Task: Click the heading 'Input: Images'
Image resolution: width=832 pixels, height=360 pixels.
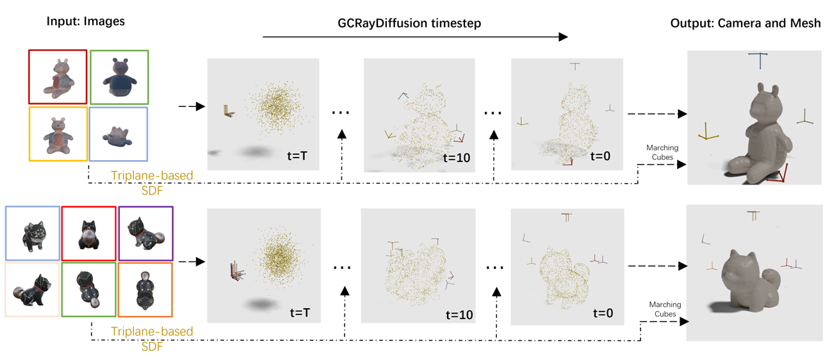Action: [85, 21]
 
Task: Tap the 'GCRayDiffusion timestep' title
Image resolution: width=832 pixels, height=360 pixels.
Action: [409, 23]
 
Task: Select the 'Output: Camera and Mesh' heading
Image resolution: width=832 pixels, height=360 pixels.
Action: [746, 23]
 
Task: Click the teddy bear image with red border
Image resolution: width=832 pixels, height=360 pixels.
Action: [58, 76]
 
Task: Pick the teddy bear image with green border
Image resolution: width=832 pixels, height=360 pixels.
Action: [119, 76]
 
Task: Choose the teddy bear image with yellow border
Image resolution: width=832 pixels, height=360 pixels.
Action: [58, 134]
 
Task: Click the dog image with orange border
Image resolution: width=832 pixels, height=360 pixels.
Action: [145, 290]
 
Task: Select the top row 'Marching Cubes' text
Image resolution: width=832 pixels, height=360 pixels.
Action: [662, 152]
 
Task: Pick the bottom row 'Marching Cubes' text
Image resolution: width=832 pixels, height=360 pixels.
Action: [665, 309]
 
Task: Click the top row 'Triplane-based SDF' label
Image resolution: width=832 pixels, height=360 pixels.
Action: [152, 180]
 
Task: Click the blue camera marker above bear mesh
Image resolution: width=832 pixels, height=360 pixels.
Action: [760, 60]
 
